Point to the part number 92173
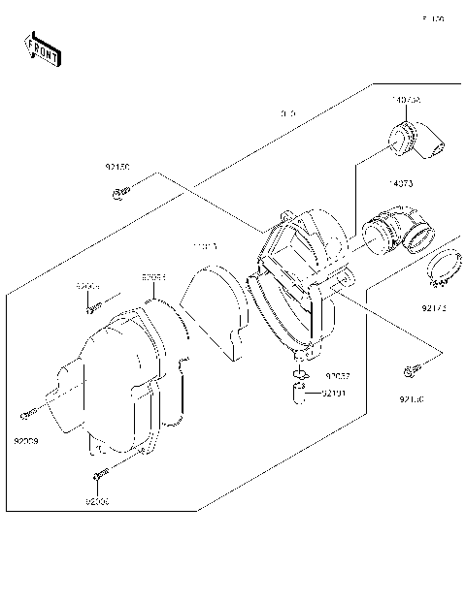click(x=435, y=308)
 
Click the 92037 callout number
click(x=337, y=376)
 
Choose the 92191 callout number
click(x=333, y=394)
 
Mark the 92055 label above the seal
click(x=153, y=276)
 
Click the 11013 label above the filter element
click(x=206, y=248)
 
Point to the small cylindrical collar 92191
click(x=301, y=395)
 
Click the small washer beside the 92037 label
click(x=301, y=375)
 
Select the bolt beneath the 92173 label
click(x=409, y=370)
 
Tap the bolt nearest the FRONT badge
click(x=120, y=198)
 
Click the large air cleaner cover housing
click(x=112, y=383)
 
